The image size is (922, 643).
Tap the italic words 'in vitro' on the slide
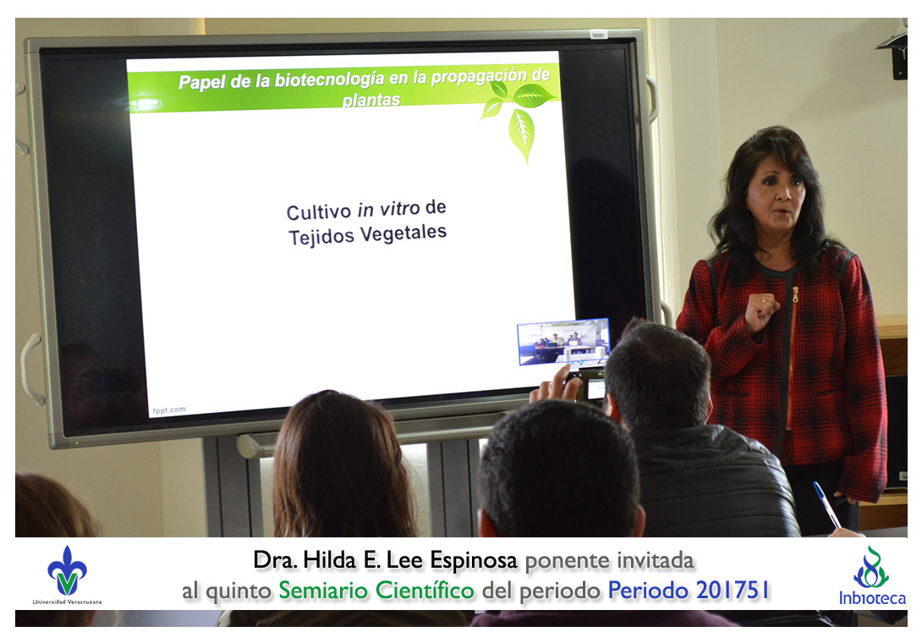(388, 209)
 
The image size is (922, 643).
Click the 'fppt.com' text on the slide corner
(169, 410)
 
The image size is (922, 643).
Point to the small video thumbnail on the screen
(563, 342)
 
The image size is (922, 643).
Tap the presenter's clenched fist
(760, 312)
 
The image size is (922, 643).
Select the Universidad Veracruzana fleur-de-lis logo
(67, 571)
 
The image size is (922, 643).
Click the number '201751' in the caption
(733, 590)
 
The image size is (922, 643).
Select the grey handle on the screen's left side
(30, 369)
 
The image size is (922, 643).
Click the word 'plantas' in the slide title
(371, 100)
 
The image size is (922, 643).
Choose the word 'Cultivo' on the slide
(318, 212)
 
